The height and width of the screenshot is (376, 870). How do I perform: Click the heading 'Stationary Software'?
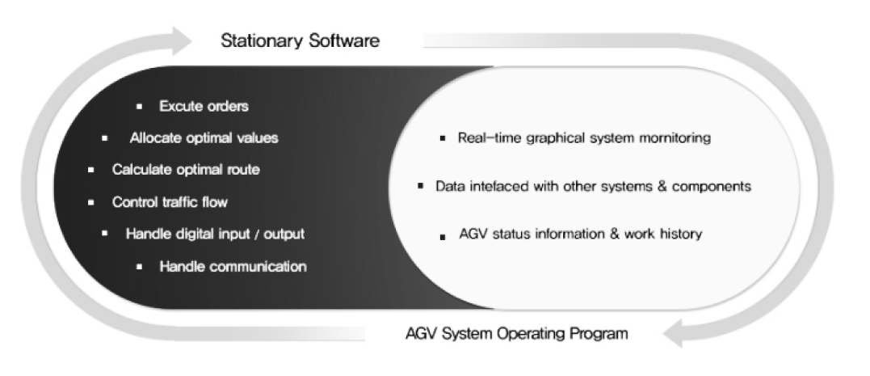pos(301,40)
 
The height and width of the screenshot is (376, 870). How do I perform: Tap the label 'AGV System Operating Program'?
pos(517,334)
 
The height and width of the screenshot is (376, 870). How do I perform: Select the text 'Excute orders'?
pos(204,106)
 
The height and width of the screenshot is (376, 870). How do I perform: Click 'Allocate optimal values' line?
pos(204,137)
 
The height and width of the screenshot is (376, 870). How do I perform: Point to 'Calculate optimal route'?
pos(186,169)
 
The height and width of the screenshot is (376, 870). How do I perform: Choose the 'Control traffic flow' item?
pos(170,202)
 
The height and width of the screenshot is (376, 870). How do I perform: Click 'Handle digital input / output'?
pos(216,234)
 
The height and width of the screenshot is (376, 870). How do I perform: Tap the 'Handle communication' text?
pos(233,267)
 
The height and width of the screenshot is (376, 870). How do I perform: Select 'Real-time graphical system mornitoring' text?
pos(584,137)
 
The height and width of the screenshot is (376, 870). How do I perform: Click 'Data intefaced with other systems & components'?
pos(593,186)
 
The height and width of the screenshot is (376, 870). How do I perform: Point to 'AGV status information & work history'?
pos(580,234)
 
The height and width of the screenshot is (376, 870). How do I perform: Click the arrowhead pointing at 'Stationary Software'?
pos(182,40)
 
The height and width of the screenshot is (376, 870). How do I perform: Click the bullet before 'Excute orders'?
pos(139,106)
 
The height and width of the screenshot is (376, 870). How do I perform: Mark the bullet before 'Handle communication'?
pos(139,267)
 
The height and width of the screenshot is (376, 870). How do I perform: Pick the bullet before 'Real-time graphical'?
pos(442,138)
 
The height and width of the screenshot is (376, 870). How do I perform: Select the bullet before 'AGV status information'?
pos(442,237)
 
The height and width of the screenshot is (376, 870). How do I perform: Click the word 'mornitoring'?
pos(675,138)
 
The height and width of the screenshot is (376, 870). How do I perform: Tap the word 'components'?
pos(712,187)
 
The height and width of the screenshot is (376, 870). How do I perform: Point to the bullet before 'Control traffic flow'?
pos(91,202)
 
